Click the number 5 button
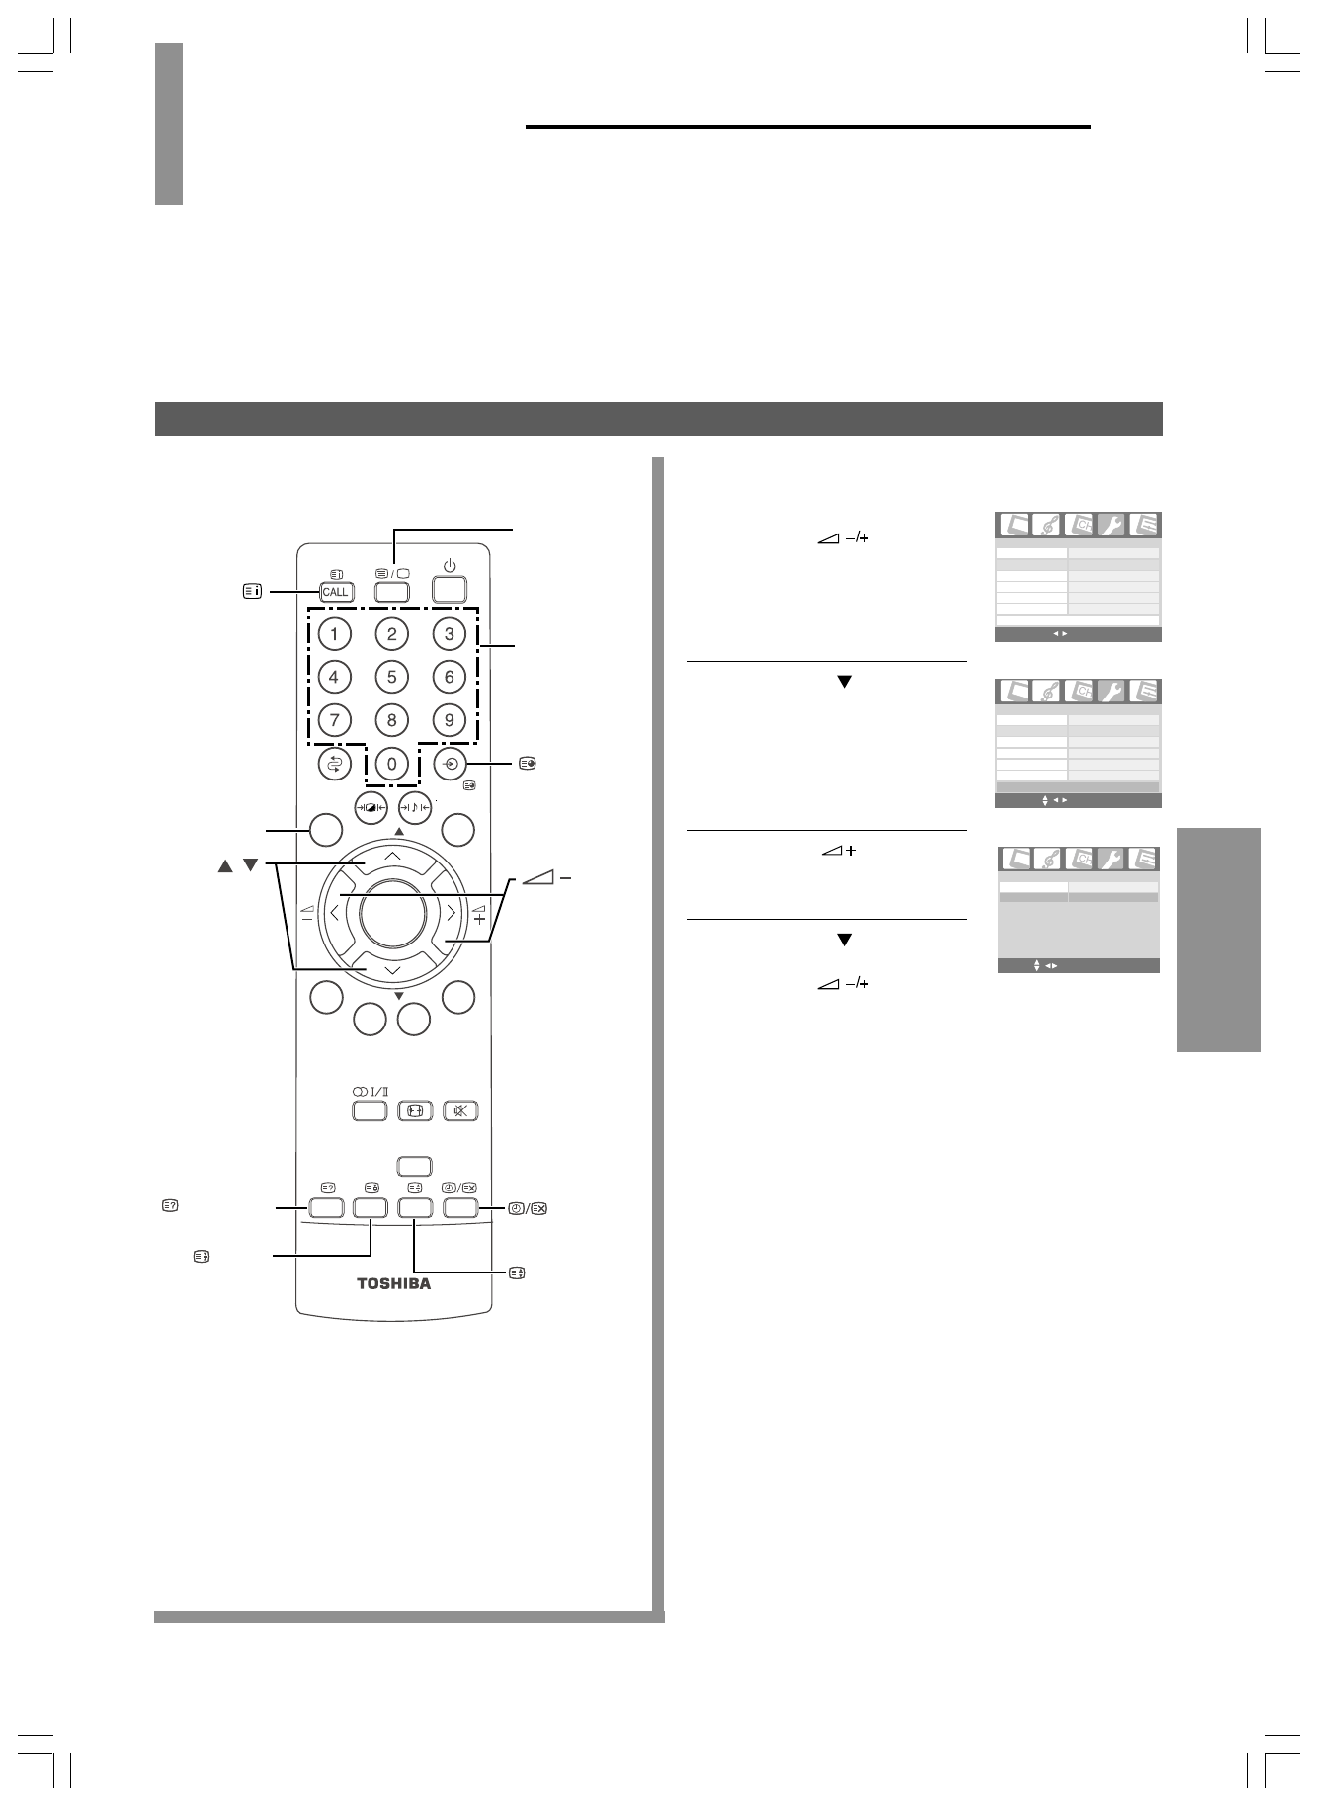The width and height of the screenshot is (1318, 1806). click(x=392, y=677)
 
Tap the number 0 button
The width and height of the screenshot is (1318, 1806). click(x=392, y=764)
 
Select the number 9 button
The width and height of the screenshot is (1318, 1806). click(x=450, y=720)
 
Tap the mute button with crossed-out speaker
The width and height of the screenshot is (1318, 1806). click(x=460, y=1109)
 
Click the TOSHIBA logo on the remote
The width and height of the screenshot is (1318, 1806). click(x=393, y=1285)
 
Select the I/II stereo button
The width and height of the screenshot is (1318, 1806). click(x=368, y=1109)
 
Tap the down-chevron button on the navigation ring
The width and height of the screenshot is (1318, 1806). click(x=392, y=969)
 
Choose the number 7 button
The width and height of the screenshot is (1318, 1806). click(x=335, y=720)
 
